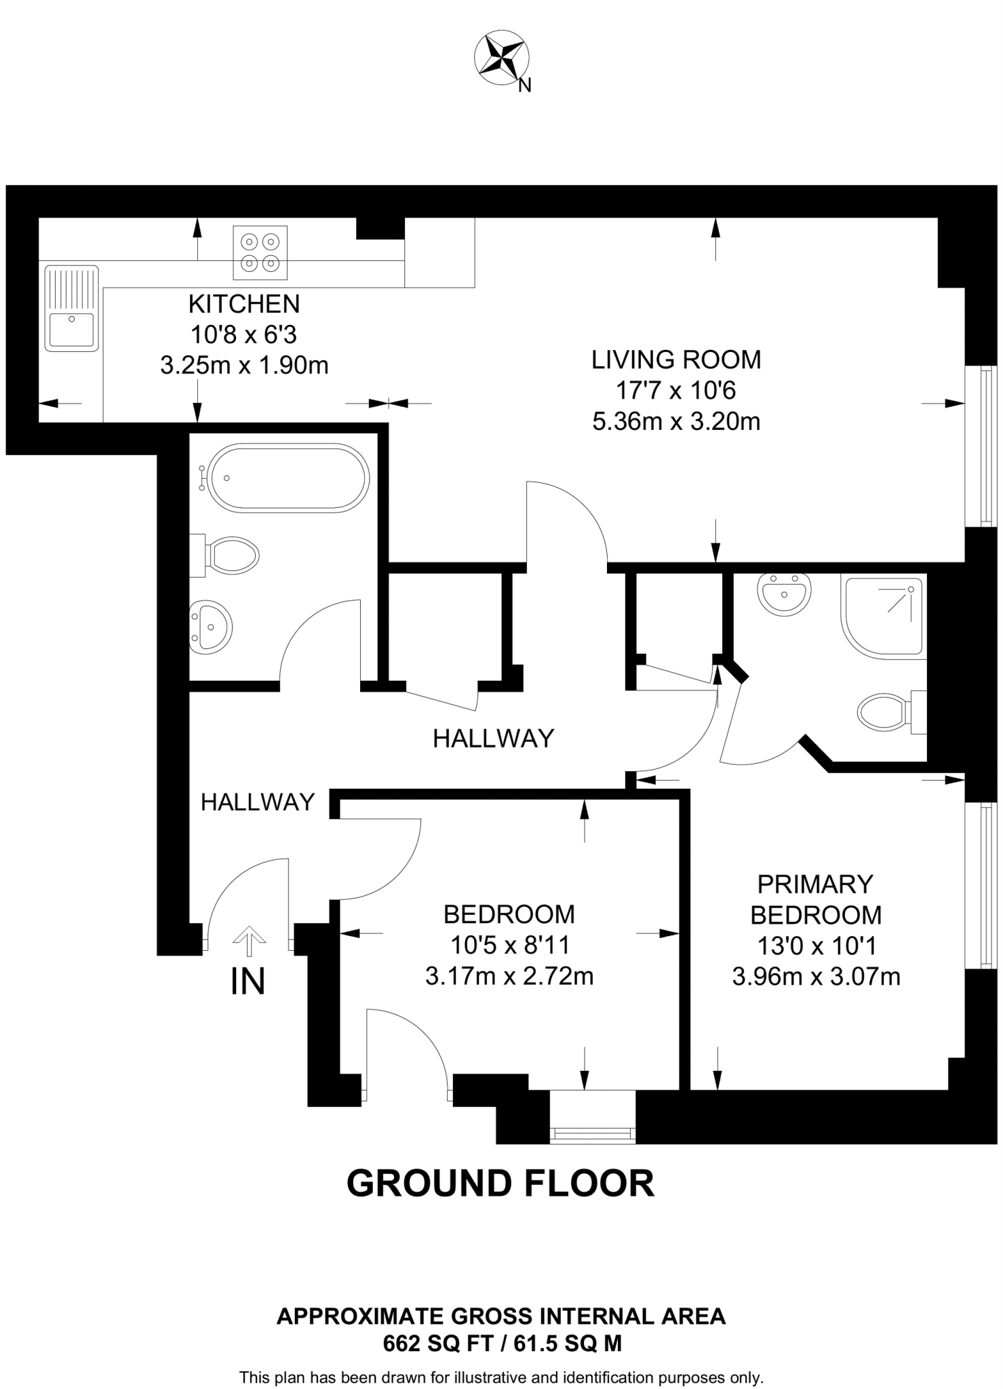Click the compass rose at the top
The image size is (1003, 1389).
pyautogui.click(x=503, y=60)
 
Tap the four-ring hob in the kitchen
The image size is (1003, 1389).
pyautogui.click(x=260, y=252)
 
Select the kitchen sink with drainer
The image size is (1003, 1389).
pyautogui.click(x=71, y=308)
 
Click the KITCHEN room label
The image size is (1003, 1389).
pyautogui.click(x=244, y=304)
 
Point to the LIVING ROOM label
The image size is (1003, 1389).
pyautogui.click(x=676, y=359)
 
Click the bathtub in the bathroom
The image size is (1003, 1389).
pyautogui.click(x=288, y=477)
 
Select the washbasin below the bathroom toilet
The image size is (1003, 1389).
pyautogui.click(x=211, y=627)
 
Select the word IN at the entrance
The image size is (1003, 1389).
pyautogui.click(x=248, y=981)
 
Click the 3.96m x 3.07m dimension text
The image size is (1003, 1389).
pyautogui.click(x=816, y=977)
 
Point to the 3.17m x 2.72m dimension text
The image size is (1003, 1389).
pyautogui.click(x=509, y=977)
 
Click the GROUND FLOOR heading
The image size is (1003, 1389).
pyautogui.click(x=500, y=1183)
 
